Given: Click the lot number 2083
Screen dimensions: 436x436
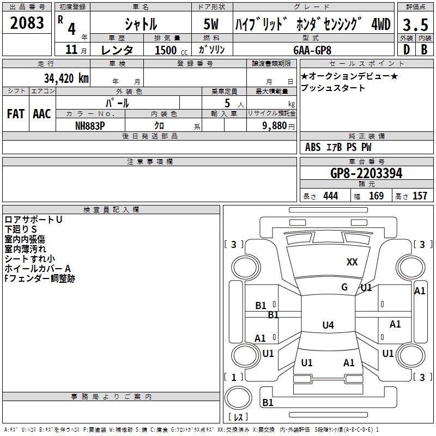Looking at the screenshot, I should pos(27,23).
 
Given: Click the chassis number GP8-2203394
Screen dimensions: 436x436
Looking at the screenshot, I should pos(366,173).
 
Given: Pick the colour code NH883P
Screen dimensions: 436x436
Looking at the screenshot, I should pos(90,125).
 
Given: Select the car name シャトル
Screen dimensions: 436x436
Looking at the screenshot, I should pos(140,24).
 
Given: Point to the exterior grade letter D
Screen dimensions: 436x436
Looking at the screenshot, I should pos(406,50).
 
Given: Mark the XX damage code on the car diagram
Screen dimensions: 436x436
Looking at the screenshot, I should pos(352,262).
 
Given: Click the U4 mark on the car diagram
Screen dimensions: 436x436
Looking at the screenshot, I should pos(328,325).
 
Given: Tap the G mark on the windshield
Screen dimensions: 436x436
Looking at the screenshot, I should pos(344,287).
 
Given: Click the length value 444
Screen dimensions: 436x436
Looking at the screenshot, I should pos(330,196).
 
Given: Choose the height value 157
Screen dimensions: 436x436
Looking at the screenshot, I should pos(420,196).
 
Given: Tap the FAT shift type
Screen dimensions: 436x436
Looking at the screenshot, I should pos(15,114).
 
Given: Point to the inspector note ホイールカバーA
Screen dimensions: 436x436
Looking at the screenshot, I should pos(38,269).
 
